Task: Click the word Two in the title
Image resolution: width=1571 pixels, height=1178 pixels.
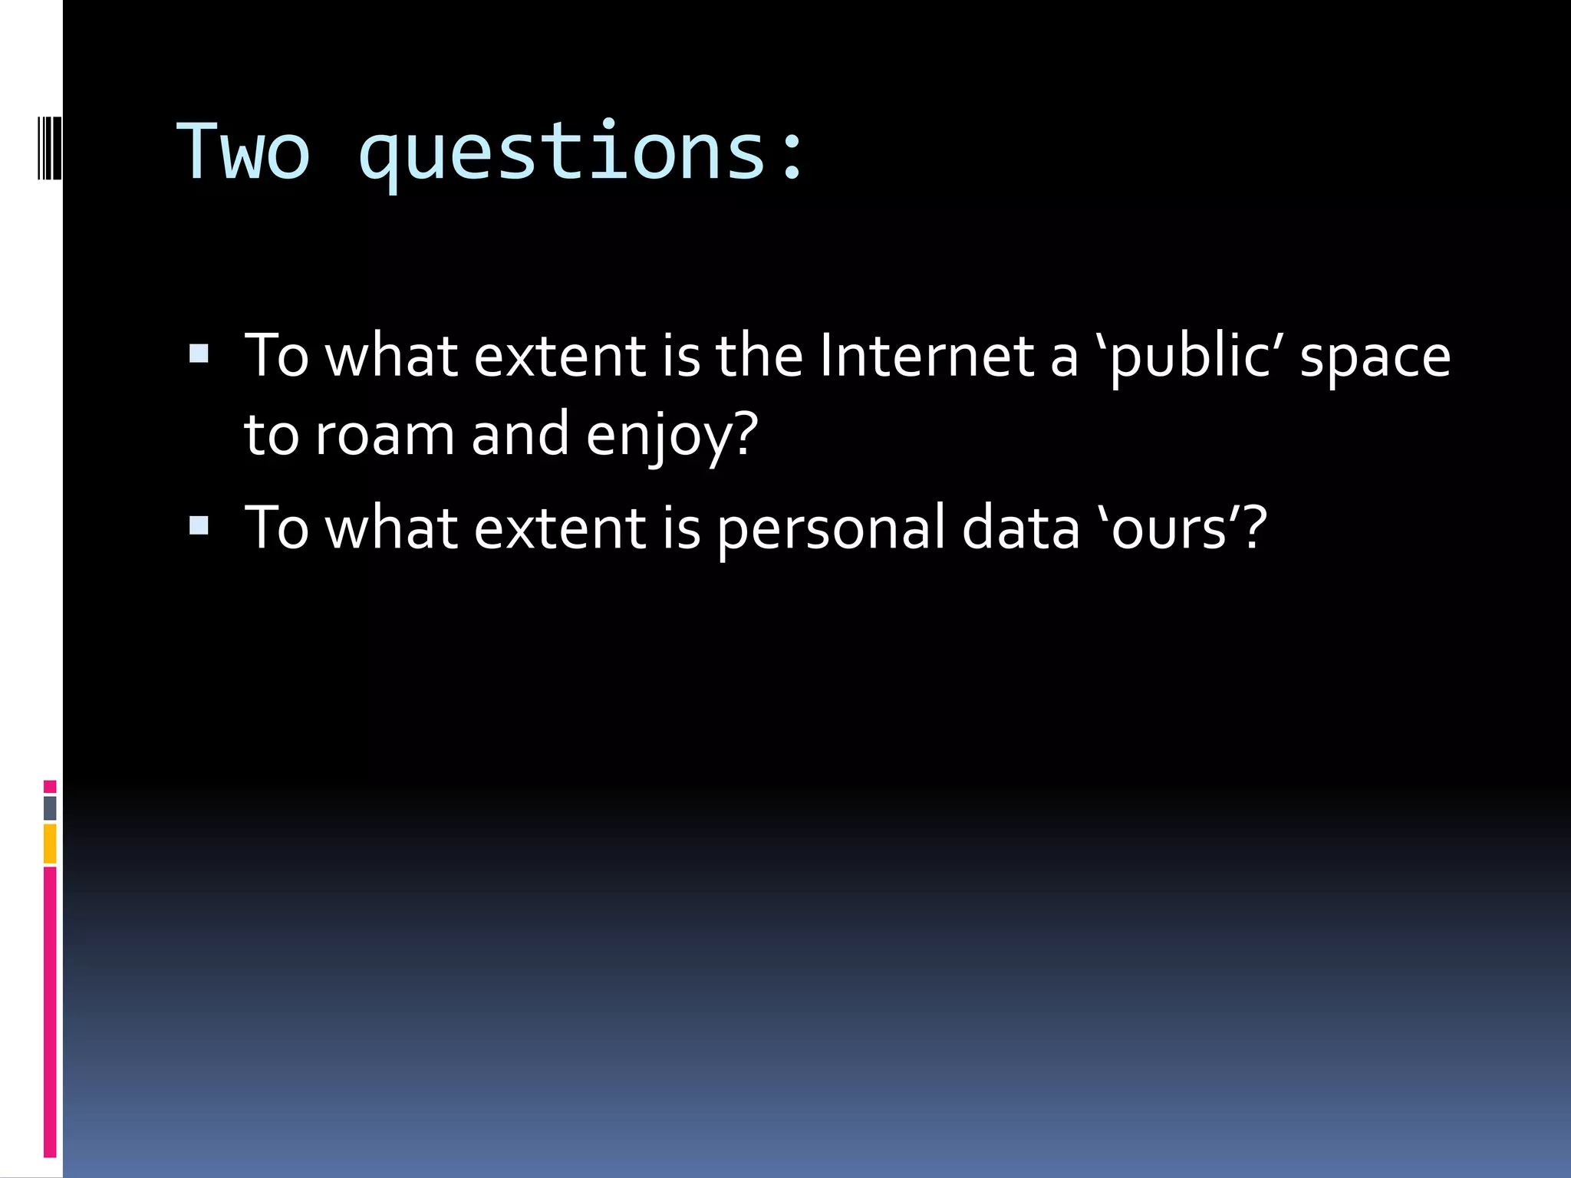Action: (243, 152)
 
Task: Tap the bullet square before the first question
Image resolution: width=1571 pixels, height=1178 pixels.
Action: (199, 354)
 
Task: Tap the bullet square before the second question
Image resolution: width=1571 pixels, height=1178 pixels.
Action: (199, 525)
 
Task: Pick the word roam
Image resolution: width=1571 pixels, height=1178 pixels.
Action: (385, 436)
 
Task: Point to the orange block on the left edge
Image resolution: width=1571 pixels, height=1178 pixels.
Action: (50, 844)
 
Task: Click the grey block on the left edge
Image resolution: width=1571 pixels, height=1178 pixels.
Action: (50, 808)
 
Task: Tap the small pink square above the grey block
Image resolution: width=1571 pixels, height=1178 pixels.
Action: (50, 786)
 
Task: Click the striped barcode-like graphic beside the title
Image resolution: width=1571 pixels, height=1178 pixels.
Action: (50, 147)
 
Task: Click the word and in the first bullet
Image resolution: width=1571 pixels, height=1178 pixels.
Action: (519, 434)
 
